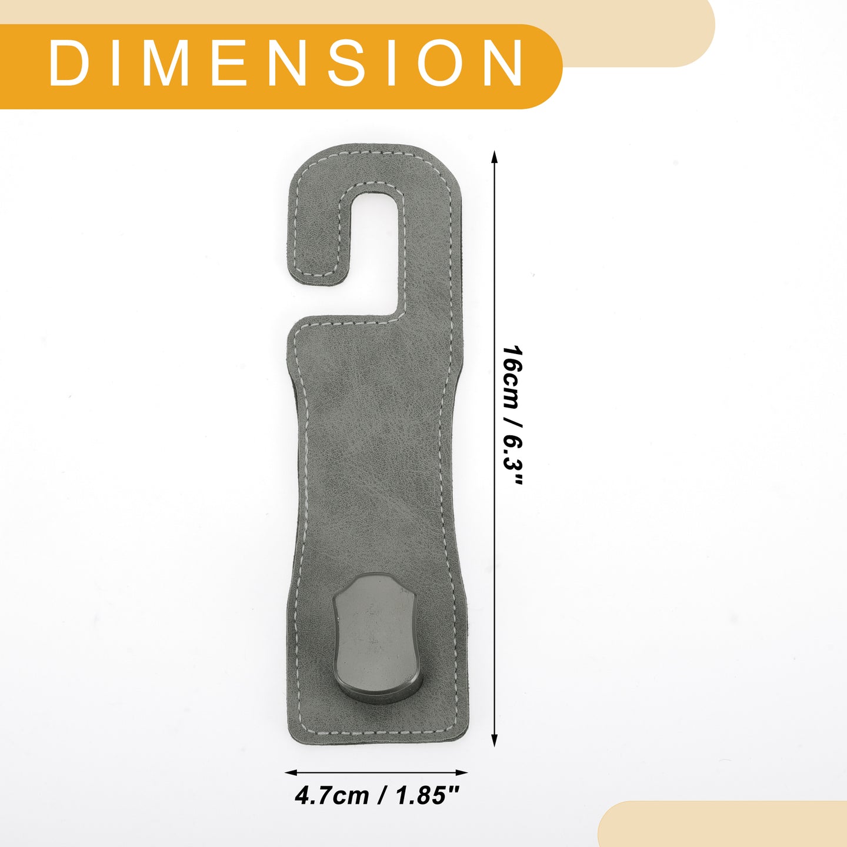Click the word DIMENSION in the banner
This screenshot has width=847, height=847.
coord(286,63)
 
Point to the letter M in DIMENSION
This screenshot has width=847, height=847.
coord(168,63)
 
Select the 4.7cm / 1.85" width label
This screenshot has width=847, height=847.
coord(376,796)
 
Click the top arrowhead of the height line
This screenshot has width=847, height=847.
coord(495,158)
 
